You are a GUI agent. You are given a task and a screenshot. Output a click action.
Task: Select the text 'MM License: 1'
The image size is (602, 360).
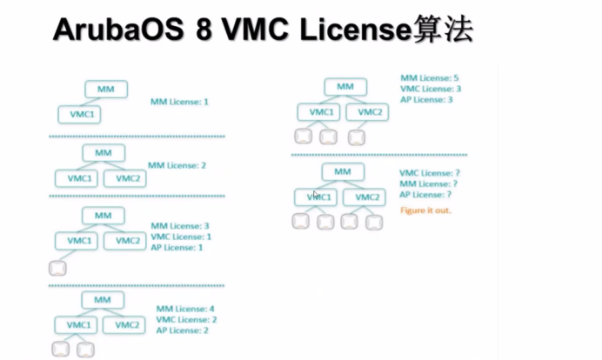pyautogui.click(x=179, y=102)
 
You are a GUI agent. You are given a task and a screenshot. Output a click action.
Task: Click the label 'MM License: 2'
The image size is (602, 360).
pyautogui.click(x=177, y=165)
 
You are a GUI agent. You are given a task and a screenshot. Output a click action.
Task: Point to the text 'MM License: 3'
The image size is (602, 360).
pyautogui.click(x=180, y=226)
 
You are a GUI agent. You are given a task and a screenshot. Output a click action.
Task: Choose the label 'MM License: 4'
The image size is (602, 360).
pyautogui.click(x=185, y=309)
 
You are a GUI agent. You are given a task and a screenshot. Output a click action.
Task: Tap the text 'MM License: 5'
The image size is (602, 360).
pyautogui.click(x=430, y=78)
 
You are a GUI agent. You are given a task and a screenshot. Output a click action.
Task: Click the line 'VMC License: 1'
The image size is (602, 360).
pyautogui.click(x=181, y=237)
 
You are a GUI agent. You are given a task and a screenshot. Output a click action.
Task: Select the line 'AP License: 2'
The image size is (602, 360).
pyautogui.click(x=184, y=330)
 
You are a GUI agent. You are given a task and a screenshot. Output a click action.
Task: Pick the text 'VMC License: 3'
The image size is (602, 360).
pyautogui.click(x=431, y=89)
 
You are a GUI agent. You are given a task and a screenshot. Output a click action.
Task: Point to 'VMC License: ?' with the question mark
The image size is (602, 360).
pyautogui.click(x=428, y=173)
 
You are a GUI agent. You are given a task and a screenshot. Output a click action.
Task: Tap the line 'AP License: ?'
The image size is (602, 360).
pyautogui.click(x=425, y=195)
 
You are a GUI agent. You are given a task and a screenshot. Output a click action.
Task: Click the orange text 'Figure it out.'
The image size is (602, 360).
pyautogui.click(x=426, y=211)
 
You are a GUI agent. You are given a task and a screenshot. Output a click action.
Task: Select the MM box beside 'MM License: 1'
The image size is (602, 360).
pyautogui.click(x=106, y=89)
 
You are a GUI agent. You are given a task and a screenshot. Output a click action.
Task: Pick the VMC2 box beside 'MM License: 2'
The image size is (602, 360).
pyautogui.click(x=127, y=178)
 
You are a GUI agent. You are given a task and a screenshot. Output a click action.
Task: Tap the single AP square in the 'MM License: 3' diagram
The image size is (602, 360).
pyautogui.click(x=58, y=268)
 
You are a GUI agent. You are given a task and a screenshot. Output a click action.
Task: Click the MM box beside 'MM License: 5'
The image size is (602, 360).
pyautogui.click(x=345, y=86)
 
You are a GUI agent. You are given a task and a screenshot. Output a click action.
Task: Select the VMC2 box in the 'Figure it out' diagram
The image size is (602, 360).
pyautogui.click(x=367, y=197)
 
